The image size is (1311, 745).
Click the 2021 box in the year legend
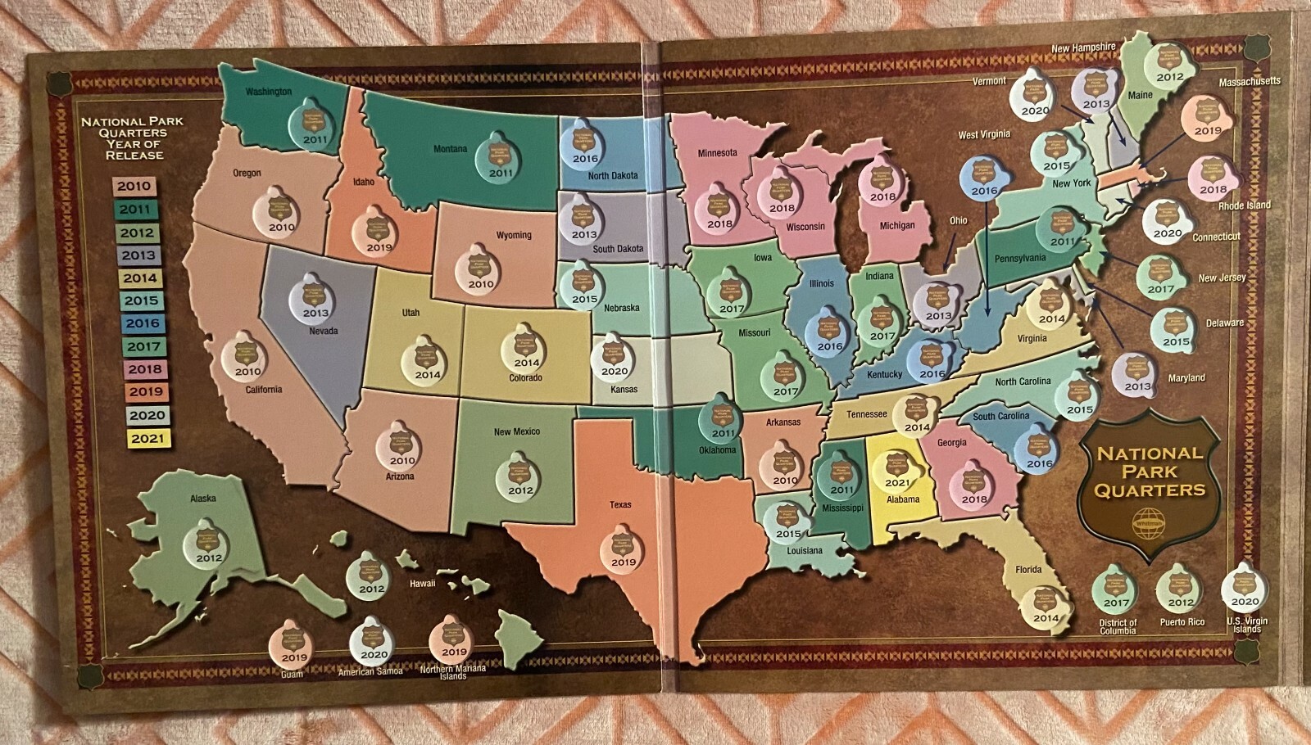click(x=147, y=438)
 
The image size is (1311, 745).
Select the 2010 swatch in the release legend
click(x=134, y=186)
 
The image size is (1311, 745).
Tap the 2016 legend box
click(x=143, y=323)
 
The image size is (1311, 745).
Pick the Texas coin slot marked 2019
click(x=623, y=548)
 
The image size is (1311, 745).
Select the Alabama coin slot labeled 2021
click(x=897, y=470)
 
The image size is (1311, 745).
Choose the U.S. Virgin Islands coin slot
click(x=1244, y=588)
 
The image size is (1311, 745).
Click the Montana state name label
click(x=450, y=149)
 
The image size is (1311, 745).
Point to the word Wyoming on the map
click(x=514, y=235)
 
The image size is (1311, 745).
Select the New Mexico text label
click(x=516, y=431)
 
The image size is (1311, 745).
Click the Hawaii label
click(x=423, y=584)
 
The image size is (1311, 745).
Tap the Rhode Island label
click(x=1244, y=205)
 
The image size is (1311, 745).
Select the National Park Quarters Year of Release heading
click(x=133, y=138)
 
